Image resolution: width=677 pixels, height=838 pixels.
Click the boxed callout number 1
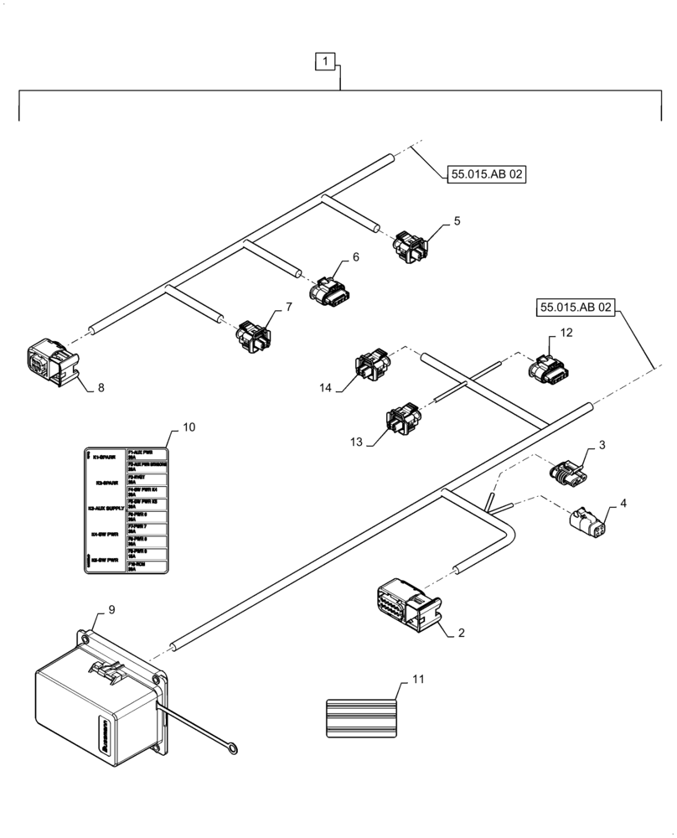[x=326, y=60]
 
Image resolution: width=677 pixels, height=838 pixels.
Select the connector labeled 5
[x=410, y=245]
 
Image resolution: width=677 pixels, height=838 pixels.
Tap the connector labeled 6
[x=328, y=292]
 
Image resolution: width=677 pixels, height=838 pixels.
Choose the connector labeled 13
[x=401, y=422]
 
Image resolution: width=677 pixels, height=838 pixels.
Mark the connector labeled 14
[x=370, y=366]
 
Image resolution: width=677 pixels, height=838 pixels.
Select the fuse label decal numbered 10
[x=127, y=510]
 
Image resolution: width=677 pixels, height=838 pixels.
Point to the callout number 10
[x=189, y=427]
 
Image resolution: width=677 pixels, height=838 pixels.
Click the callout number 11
[x=418, y=679]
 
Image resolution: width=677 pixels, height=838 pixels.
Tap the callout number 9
[x=111, y=609]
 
